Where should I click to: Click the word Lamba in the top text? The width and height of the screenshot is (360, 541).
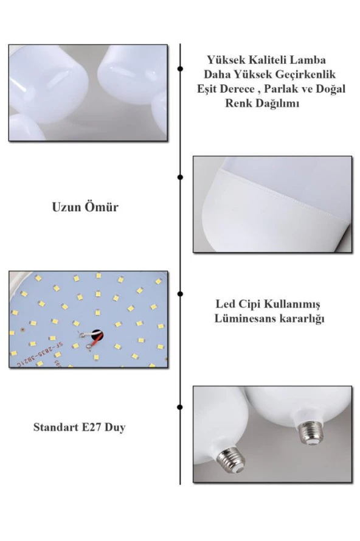coord(308,60)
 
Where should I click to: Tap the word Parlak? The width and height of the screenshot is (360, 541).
coord(282,89)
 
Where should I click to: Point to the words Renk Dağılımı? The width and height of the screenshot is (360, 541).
coord(262,103)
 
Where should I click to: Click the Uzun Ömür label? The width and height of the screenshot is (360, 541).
coord(85,207)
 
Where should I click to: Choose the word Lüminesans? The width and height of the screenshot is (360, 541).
coord(245,318)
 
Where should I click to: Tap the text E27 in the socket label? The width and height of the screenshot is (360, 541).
coord(91,427)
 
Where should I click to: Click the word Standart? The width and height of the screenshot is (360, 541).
coord(56,427)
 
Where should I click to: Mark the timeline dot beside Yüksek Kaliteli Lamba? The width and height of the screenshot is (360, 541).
coord(180,69)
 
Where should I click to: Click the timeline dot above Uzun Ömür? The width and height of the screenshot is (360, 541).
coord(180,177)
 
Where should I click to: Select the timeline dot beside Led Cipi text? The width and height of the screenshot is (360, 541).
coord(180,293)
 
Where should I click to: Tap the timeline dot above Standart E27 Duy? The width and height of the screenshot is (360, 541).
coord(180,407)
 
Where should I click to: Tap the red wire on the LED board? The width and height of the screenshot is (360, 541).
coord(96,341)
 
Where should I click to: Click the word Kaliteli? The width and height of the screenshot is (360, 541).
coord(266,60)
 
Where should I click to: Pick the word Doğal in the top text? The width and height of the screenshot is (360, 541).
coord(330,89)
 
